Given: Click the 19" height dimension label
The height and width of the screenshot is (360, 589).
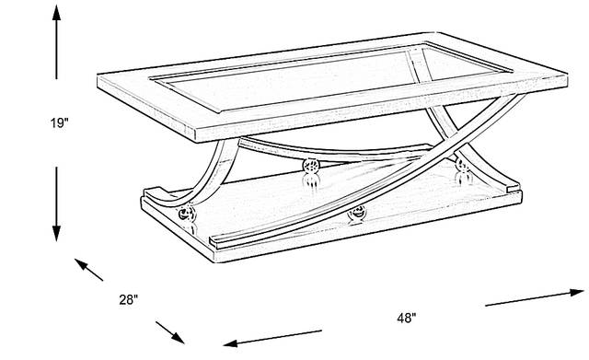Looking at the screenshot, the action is pos(60,122).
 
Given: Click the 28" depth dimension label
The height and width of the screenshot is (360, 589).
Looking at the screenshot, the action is pos(129,299).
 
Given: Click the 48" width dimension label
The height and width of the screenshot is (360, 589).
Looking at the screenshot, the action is pos(407,319).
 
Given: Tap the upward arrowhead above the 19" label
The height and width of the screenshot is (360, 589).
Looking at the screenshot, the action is pos(56,13).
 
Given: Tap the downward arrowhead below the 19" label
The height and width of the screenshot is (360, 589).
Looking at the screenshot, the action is pos(56,233).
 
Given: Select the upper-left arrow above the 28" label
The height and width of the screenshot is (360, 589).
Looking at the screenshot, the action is pos(88,270).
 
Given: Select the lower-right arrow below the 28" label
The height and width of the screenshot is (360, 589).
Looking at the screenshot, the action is pos(170,332).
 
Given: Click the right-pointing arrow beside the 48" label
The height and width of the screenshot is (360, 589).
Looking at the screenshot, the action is pos(535,297).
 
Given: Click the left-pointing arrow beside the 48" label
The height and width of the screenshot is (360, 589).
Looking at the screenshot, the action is pos(272,338).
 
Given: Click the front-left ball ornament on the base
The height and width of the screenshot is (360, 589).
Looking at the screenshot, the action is pos(187,214).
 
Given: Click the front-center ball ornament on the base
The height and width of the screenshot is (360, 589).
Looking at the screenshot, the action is pos(357,213).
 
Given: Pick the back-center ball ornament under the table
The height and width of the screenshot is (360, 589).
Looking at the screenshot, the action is pos(311,166).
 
